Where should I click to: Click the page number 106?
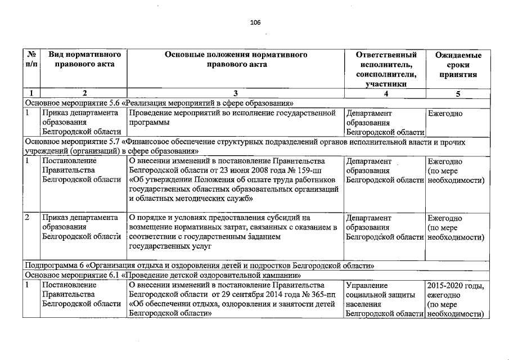click(x=255, y=22)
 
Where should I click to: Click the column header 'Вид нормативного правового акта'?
click(x=85, y=60)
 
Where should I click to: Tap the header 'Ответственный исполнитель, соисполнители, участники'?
click(x=386, y=69)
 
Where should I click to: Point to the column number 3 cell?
click(x=235, y=93)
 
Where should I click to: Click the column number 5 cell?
click(x=458, y=93)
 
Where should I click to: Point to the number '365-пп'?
click(x=319, y=295)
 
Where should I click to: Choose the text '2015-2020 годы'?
click(x=455, y=285)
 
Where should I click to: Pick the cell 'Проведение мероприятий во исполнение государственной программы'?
click(x=235, y=118)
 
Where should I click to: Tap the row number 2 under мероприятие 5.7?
click(x=28, y=217)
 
